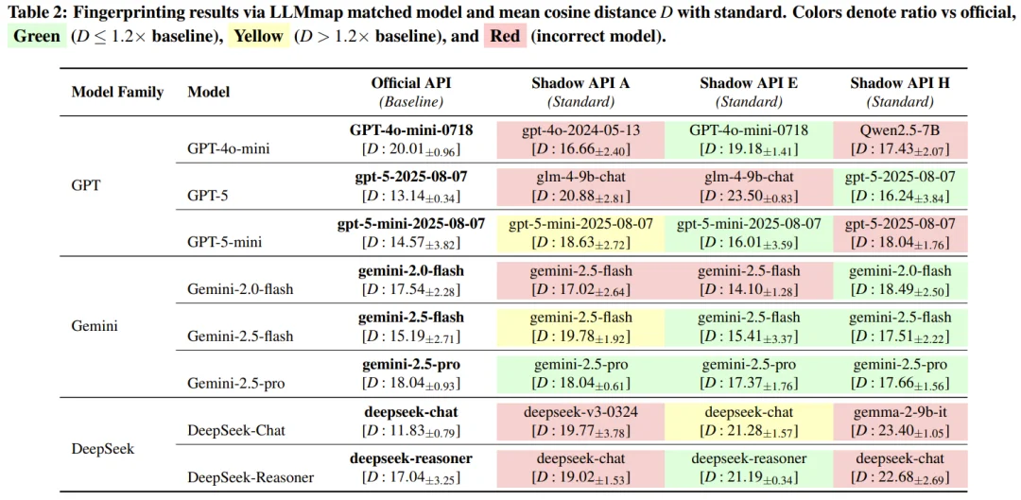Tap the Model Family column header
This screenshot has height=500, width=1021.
coord(117,92)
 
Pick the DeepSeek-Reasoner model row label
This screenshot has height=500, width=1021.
coord(251,477)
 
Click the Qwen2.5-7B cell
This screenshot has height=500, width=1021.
coord(900,129)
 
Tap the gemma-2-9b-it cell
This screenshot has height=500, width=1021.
coord(900,412)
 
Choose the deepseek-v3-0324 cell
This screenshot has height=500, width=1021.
coord(580,412)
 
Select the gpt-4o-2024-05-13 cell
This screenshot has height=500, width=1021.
coord(580,129)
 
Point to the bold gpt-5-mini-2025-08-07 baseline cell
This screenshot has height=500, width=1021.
coord(410,224)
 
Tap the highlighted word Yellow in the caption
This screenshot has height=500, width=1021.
coord(258,37)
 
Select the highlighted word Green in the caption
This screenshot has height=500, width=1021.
coord(35,37)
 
